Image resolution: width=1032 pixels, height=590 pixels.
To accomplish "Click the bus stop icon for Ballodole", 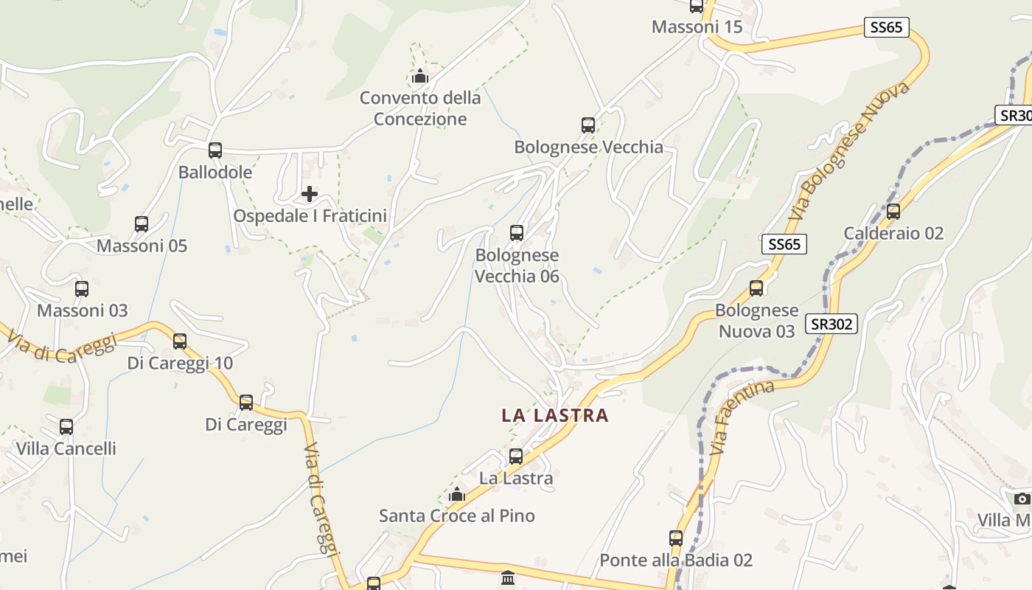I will pyautogui.click(x=215, y=150).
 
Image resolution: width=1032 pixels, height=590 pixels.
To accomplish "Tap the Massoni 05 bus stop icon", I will pyautogui.click(x=142, y=224).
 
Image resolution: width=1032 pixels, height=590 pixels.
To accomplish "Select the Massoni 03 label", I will pyautogui.click(x=83, y=310).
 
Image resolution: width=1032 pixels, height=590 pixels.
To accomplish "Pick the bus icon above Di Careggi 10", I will pyautogui.click(x=180, y=341).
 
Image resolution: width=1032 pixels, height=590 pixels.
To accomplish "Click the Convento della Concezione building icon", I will pyautogui.click(x=420, y=76).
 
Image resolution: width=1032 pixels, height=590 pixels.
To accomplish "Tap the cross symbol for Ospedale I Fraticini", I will pyautogui.click(x=310, y=194).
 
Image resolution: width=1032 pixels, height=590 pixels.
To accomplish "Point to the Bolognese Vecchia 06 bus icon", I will pyautogui.click(x=517, y=233).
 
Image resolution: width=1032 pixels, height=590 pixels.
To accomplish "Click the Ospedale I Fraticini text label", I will pyautogui.click(x=310, y=216).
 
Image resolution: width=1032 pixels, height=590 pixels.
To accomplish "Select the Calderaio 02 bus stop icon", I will pyautogui.click(x=893, y=212).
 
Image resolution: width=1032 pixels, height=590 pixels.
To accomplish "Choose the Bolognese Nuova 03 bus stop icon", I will pyautogui.click(x=756, y=288).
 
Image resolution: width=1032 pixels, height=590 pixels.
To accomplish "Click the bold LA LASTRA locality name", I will pyautogui.click(x=555, y=415).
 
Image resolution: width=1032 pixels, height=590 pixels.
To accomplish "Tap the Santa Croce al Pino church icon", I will pyautogui.click(x=457, y=494).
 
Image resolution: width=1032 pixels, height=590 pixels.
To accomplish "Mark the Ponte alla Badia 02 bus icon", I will pyautogui.click(x=676, y=538).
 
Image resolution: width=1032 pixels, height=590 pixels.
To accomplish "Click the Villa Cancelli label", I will pyautogui.click(x=66, y=448).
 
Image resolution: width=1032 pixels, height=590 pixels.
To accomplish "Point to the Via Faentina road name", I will pyautogui.click(x=743, y=417).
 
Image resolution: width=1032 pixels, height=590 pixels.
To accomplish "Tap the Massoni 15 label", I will pyautogui.click(x=697, y=27).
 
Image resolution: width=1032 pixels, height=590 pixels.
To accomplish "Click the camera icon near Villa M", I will pyautogui.click(x=1022, y=499).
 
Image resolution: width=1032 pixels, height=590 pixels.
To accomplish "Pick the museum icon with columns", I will pyautogui.click(x=508, y=577).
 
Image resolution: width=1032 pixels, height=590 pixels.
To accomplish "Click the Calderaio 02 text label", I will pyautogui.click(x=893, y=234).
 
